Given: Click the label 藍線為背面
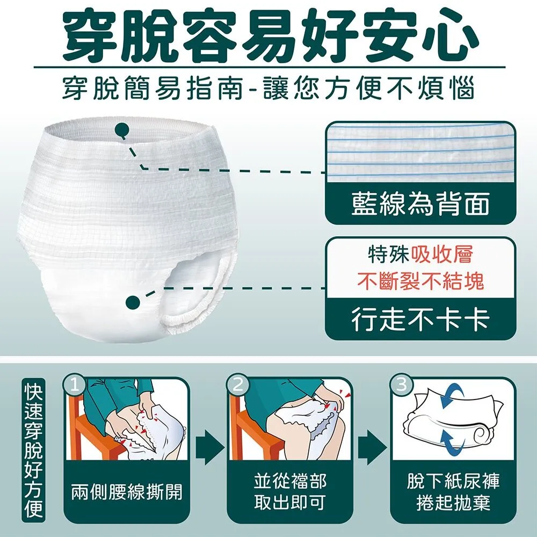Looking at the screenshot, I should tap(420, 205).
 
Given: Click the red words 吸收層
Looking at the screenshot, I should tap(442, 254).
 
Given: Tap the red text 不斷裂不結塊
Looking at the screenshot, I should tap(420, 281).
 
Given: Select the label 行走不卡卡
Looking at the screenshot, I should tap(420, 320).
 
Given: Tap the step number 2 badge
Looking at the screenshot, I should tap(237, 384).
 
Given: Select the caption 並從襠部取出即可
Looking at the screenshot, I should tap(289, 491).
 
